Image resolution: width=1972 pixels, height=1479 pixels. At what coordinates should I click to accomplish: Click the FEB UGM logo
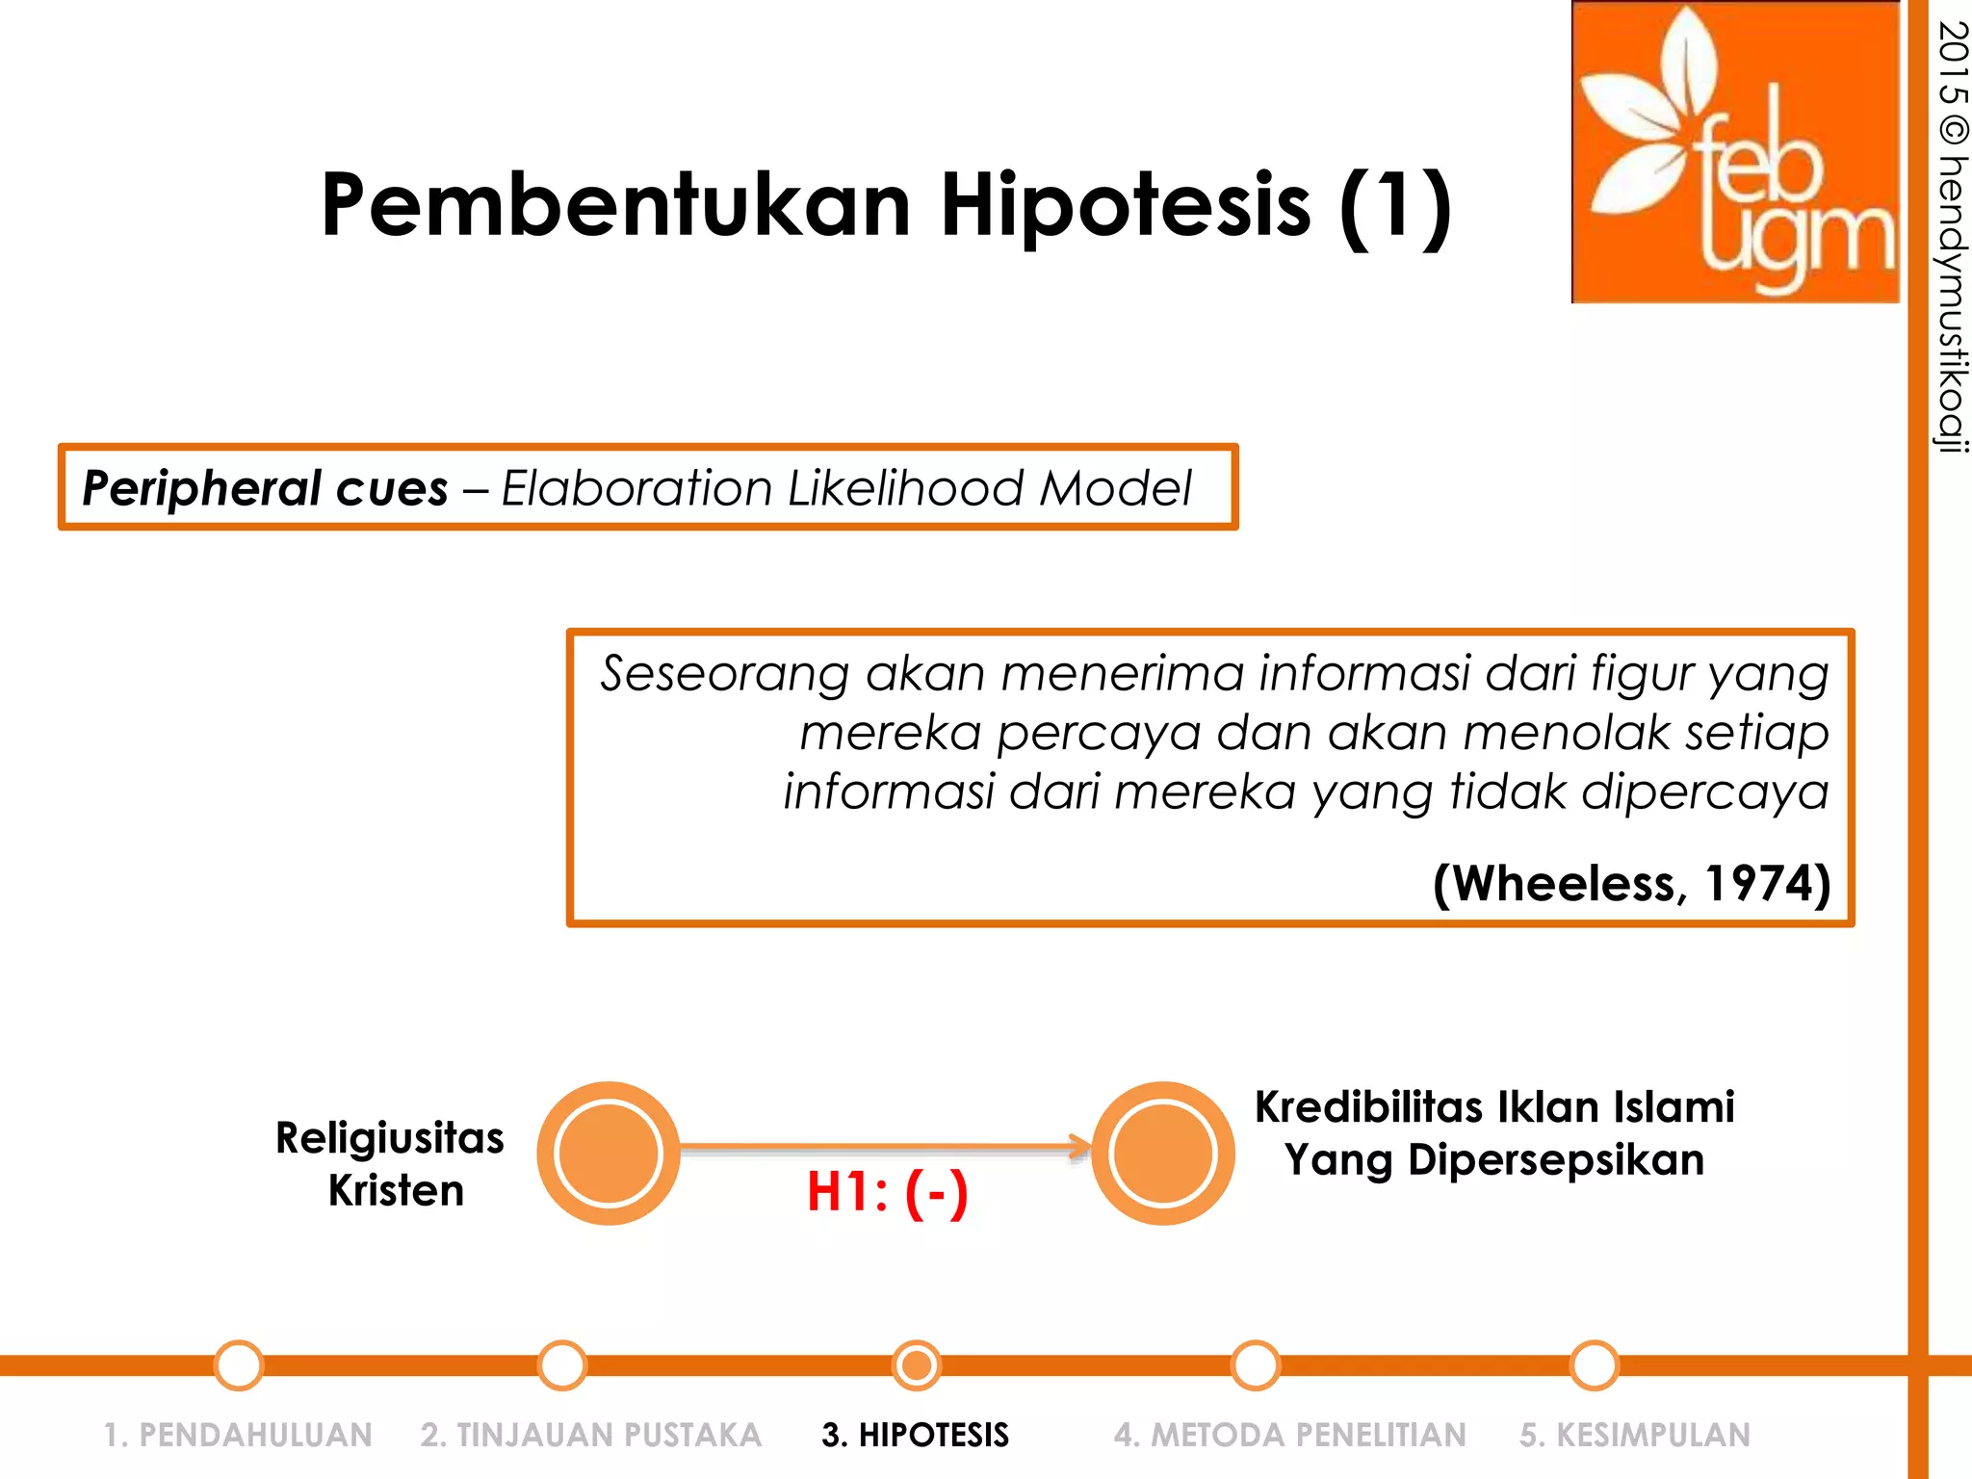coord(1735,152)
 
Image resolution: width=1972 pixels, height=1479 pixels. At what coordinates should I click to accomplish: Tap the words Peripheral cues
coord(265,488)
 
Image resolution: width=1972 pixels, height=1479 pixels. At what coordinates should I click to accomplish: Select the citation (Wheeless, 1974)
coord(1631,883)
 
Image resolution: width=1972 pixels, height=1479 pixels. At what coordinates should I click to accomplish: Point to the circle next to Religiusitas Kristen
coord(609,1154)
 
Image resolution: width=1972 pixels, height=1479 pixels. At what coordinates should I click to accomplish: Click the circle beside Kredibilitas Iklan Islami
coord(1163,1154)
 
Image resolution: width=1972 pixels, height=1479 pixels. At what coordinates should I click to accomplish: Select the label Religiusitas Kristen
coord(390,1163)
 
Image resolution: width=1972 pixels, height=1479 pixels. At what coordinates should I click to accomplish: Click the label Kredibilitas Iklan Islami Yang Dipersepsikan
coord(1494,1133)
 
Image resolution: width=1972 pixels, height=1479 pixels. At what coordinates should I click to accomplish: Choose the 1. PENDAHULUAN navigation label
coord(238,1435)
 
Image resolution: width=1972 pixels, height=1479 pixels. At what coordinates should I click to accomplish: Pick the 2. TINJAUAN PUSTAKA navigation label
coord(590,1435)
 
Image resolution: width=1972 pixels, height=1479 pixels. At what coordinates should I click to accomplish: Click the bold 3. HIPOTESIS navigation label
coord(915,1435)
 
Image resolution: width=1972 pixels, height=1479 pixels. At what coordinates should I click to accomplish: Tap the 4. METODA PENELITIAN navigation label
coord(1289,1435)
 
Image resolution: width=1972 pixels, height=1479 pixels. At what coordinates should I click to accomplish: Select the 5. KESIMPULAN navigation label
coord(1634,1435)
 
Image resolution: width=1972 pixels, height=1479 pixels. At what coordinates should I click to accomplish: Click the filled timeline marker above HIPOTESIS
coord(917,1364)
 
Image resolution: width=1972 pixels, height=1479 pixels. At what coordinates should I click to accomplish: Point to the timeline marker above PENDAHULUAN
coord(239,1364)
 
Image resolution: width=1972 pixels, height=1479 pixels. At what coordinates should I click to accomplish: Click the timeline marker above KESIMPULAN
coord(1594,1364)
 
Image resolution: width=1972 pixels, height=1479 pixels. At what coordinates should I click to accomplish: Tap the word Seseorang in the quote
coord(724,673)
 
